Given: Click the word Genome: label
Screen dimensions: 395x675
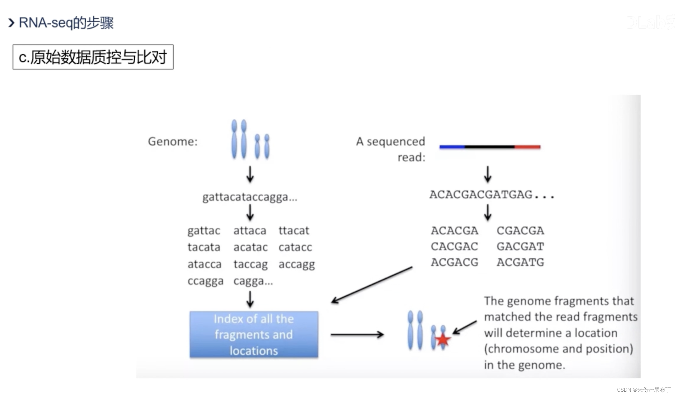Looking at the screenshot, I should click(173, 141).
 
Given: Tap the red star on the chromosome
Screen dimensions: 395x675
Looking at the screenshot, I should click(442, 340).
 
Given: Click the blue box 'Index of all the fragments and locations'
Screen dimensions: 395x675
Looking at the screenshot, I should click(253, 334).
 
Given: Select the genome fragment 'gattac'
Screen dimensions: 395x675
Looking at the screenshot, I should click(204, 231).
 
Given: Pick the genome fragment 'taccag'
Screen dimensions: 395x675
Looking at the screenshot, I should click(250, 264).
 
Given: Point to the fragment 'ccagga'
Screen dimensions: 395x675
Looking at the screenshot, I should click(205, 281).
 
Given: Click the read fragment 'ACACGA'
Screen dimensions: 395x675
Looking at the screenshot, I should click(454, 231).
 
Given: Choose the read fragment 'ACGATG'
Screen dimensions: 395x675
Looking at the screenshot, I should click(520, 262).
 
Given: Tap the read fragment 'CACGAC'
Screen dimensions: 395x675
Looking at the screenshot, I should click(454, 247).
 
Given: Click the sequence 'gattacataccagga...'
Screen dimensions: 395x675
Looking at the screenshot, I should click(250, 197).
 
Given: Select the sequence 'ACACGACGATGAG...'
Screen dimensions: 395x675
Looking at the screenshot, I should click(491, 195).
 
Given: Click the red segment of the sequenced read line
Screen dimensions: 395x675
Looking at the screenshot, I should click(527, 147).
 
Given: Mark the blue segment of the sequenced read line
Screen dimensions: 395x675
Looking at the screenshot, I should click(452, 147).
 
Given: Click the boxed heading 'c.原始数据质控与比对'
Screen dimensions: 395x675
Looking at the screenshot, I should click(93, 57).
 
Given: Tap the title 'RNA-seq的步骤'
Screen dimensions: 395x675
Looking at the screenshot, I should click(66, 23).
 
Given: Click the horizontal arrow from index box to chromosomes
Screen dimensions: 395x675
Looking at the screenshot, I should click(357, 334).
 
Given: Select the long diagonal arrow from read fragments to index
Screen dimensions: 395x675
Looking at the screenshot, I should click(372, 285).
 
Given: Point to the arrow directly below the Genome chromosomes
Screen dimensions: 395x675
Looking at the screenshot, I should click(250, 174).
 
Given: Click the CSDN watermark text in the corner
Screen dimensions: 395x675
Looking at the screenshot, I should click(643, 390).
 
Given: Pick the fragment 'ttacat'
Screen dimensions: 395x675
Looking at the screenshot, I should click(294, 231).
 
